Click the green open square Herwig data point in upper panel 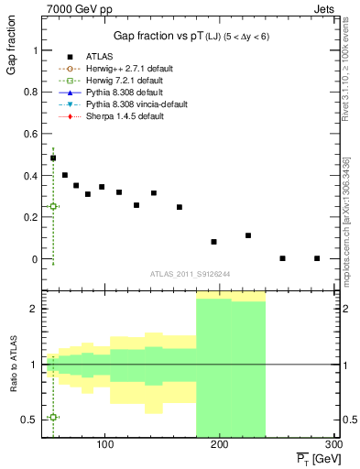[x=53, y=206]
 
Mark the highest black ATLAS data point [x=53, y=158]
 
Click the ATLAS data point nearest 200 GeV [x=213, y=242]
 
